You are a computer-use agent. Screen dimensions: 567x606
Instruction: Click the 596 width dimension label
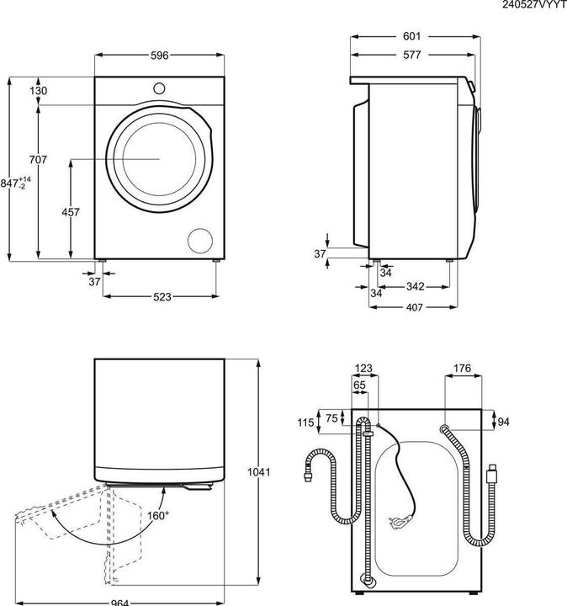click(160, 56)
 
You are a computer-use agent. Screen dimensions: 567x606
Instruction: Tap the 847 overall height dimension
click(15, 183)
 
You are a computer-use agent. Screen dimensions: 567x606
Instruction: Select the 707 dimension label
click(38, 159)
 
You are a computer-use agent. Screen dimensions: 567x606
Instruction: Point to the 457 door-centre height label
click(71, 212)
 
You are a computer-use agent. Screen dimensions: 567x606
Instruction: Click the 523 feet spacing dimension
click(162, 297)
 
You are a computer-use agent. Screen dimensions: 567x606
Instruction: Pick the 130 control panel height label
click(38, 91)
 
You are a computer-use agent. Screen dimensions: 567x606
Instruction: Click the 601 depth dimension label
click(411, 36)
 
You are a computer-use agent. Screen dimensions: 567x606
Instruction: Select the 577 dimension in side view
click(411, 55)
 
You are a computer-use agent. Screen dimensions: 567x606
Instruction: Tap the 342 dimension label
click(416, 286)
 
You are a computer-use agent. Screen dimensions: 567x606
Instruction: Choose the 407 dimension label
click(414, 308)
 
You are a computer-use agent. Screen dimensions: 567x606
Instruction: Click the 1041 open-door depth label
click(259, 472)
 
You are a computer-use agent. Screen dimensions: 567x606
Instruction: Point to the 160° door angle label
click(158, 516)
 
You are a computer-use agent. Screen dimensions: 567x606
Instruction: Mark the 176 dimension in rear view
click(463, 369)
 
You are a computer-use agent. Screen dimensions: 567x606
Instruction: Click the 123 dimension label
click(363, 369)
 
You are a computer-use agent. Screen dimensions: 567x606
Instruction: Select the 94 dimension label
click(503, 422)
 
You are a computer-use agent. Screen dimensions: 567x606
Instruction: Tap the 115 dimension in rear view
click(305, 423)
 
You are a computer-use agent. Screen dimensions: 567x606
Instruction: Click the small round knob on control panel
click(159, 88)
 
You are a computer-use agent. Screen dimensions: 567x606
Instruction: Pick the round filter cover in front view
click(200, 241)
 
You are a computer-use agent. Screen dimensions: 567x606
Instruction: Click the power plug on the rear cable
click(400, 522)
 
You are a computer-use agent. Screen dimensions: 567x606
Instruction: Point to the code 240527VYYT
click(534, 5)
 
